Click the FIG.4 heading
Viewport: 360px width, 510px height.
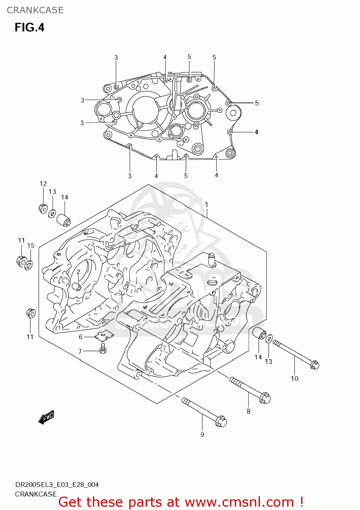click(29, 27)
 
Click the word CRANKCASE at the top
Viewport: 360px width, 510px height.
click(35, 10)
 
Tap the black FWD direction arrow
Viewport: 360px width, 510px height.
click(46, 417)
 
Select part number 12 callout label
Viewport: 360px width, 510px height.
click(43, 184)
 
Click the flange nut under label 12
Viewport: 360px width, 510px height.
click(43, 208)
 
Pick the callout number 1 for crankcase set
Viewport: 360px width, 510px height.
click(206, 205)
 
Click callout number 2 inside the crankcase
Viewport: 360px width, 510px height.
click(78, 272)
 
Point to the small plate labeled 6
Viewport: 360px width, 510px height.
click(104, 336)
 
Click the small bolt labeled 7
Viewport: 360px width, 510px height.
click(103, 348)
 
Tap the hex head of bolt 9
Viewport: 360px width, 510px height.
click(221, 422)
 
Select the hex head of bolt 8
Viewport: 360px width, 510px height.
click(265, 398)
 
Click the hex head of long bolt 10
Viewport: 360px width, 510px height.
click(315, 365)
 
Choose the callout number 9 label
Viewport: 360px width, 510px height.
click(202, 435)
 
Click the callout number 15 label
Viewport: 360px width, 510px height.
click(31, 245)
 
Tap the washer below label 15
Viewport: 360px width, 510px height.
click(29, 264)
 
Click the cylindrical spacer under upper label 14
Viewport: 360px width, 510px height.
click(63, 219)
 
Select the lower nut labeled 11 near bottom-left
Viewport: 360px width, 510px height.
click(31, 313)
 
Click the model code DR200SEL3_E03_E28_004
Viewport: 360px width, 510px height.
click(57, 485)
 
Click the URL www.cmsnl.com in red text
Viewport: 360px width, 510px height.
click(239, 502)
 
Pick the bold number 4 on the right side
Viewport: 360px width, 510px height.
click(256, 132)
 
